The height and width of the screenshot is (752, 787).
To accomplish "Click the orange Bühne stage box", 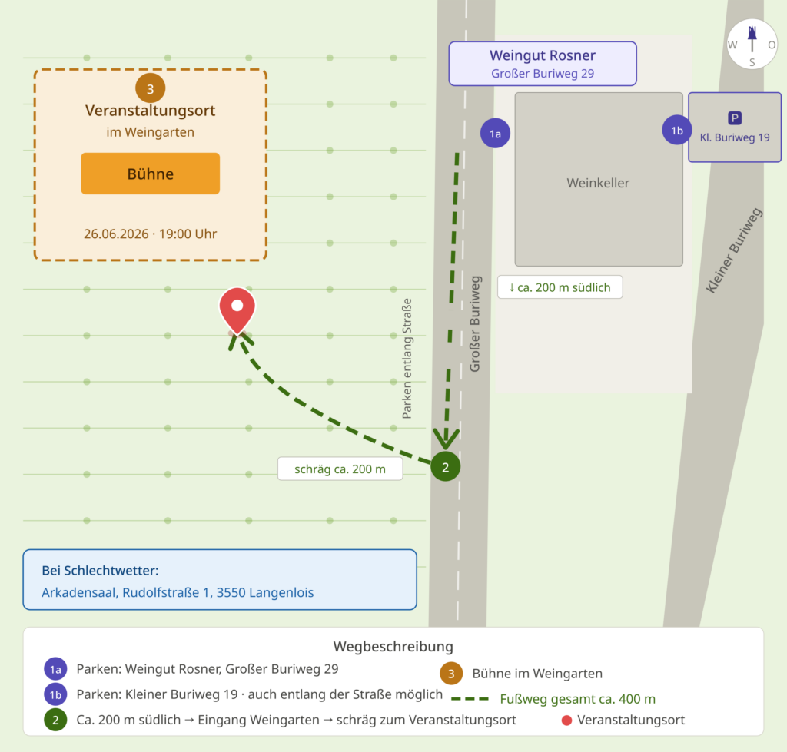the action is point(150,174).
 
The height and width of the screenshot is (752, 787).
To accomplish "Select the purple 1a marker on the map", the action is point(496,134).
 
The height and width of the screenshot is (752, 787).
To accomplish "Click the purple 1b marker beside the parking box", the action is point(677,130).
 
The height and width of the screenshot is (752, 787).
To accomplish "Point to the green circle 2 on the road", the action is point(445,466).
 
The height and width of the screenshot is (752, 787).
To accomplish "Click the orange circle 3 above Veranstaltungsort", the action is point(150,88).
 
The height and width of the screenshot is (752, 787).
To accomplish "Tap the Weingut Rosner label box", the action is point(543,64).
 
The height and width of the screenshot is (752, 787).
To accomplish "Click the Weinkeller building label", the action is point(598,183).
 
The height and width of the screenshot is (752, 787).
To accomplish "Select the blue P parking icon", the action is point(734,118).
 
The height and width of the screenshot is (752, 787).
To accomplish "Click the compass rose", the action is point(752,44).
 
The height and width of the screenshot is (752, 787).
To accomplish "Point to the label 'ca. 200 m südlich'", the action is point(560,287).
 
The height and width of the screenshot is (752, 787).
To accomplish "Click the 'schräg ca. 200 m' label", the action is point(340,469).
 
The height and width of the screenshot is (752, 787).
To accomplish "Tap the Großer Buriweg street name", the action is point(474,324).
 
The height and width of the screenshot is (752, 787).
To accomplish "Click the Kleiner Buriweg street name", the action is point(734,250).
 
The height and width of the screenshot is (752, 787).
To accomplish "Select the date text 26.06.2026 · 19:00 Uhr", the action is point(150,234).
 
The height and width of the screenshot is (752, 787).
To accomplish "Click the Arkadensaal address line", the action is point(178,592).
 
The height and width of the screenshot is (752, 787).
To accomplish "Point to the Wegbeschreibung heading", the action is point(393,646).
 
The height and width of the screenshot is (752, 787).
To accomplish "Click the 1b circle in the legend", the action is point(55,694).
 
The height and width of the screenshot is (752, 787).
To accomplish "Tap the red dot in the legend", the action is point(566,721).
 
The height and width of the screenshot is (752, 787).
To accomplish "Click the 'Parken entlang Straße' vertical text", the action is point(407,359).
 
